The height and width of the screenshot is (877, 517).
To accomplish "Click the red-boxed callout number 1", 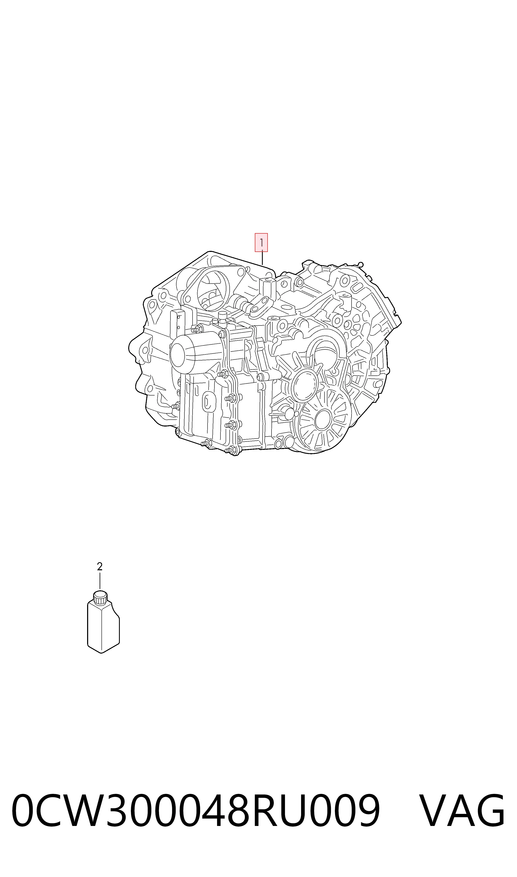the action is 261,242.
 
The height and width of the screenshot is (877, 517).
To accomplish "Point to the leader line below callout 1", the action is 262,258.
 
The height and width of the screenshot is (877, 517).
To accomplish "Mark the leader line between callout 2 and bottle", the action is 100,581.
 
